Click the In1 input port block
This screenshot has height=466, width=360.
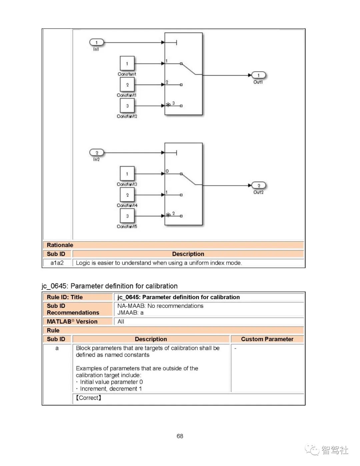[x=97, y=42]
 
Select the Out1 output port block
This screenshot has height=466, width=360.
[x=258, y=75]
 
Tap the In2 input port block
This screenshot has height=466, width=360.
[x=97, y=152]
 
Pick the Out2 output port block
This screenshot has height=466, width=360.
[x=258, y=185]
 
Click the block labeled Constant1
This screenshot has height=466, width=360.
[x=127, y=84]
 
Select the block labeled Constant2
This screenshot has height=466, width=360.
[x=127, y=106]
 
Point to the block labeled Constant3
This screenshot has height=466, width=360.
[x=127, y=173]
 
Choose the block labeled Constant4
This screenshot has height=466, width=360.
[x=127, y=195]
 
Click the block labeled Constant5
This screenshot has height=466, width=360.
[x=127, y=216]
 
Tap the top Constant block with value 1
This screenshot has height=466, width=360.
[x=127, y=63]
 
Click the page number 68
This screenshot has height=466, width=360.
[x=180, y=436]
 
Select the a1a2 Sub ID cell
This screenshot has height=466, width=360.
[x=57, y=263]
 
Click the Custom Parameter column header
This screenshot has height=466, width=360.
[x=267, y=339]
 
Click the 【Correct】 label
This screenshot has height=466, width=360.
[x=88, y=398]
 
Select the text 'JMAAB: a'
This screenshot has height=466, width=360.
[x=130, y=313]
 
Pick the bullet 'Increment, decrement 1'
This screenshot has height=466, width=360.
[x=110, y=389]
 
